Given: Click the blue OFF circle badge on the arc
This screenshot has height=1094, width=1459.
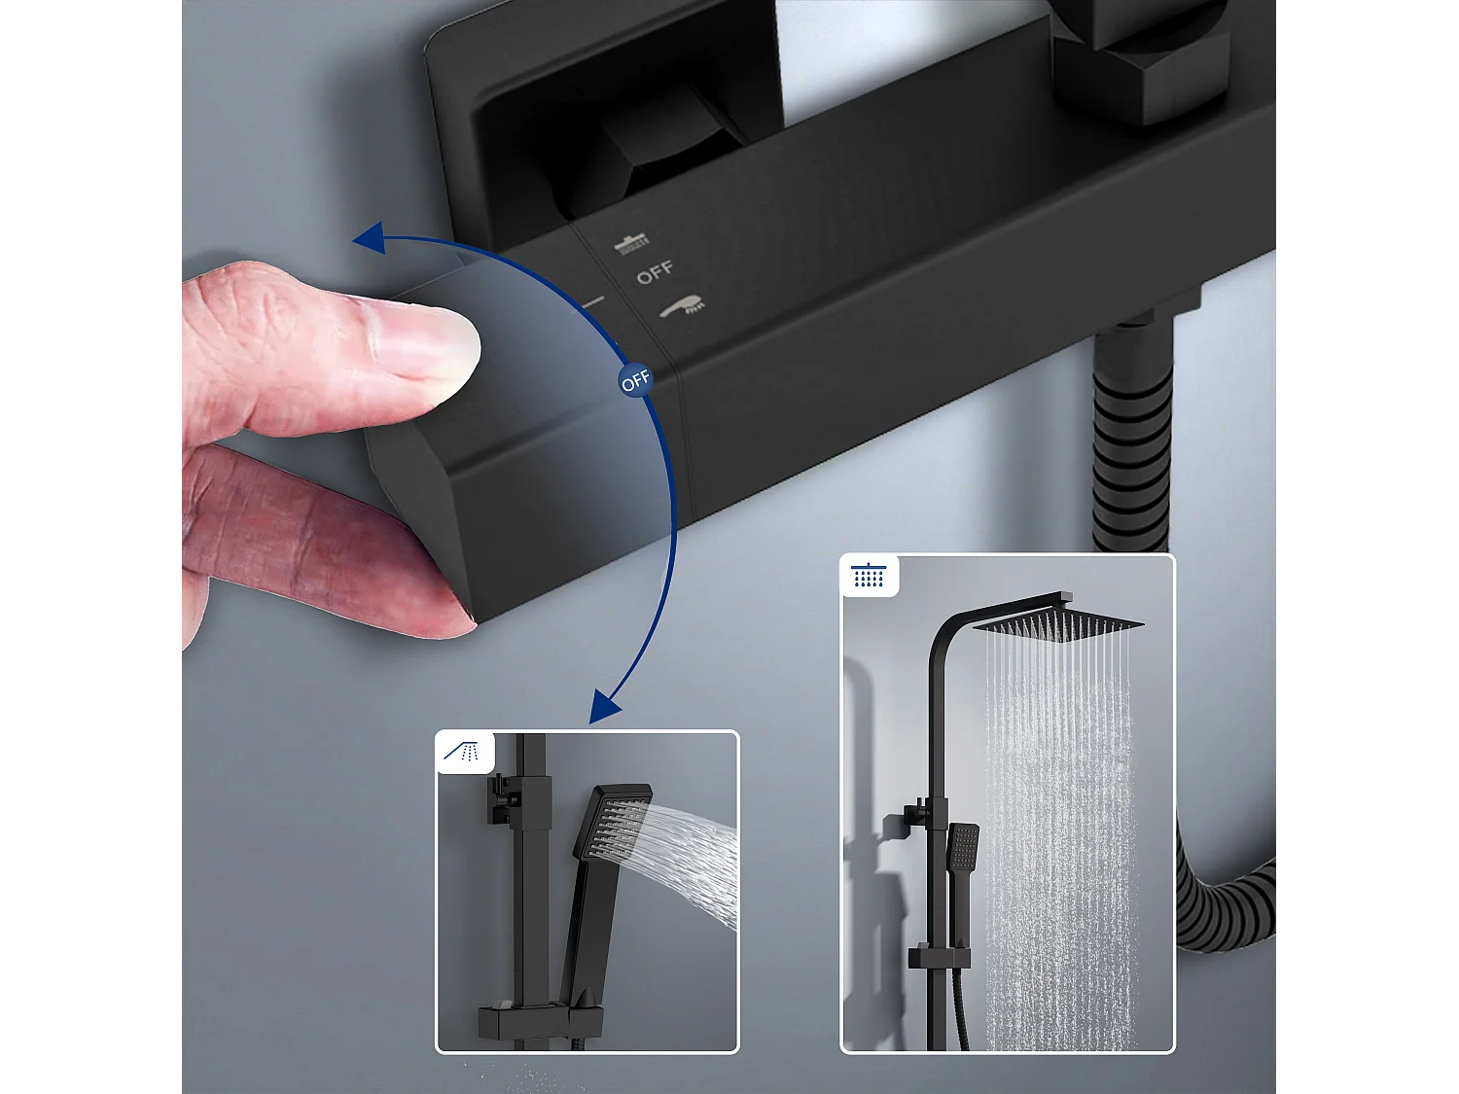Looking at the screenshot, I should (635, 381).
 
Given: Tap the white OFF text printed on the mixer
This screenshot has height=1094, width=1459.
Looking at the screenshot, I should (655, 273).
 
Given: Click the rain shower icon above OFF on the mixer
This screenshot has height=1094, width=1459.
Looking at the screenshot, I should (631, 242).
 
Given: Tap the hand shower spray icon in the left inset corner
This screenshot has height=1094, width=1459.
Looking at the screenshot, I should (463, 752).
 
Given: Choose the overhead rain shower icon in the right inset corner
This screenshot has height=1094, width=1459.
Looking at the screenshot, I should (869, 576).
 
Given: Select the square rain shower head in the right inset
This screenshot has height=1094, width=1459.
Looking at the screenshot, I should (1058, 622).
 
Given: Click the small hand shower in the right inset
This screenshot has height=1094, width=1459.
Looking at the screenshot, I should (963, 846).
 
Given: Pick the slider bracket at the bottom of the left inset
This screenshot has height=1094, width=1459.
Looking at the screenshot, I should (540, 1021).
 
